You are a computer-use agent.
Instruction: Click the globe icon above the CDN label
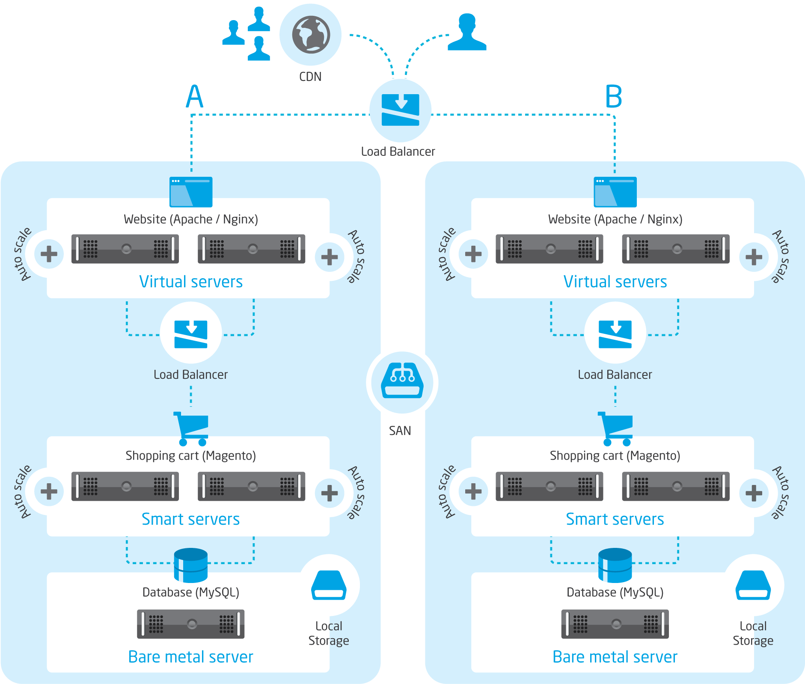coord(311,35)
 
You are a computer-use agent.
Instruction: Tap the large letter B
coord(613,97)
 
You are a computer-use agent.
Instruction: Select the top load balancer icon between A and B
coord(400,110)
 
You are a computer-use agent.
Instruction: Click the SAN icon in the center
coord(402,382)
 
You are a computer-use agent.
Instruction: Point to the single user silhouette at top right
coord(467,33)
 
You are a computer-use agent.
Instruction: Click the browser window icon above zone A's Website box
coord(191,192)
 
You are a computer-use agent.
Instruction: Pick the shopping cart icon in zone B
coord(615,428)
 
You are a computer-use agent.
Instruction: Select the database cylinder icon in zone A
coord(191,565)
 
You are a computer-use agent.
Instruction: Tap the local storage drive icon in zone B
coord(753,585)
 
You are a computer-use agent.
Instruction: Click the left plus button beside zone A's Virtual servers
coord(49,254)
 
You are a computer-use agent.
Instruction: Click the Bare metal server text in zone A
coord(190,657)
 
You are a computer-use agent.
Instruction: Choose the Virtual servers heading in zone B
coord(615,282)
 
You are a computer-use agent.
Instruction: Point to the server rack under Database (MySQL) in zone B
coord(615,624)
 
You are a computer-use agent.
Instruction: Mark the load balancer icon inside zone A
coord(191,334)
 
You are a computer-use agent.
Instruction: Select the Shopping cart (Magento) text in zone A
coord(190,455)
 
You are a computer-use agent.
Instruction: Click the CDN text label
coord(310,77)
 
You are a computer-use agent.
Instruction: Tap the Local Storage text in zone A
coord(329,633)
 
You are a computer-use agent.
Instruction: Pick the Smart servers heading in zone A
coord(190,519)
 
